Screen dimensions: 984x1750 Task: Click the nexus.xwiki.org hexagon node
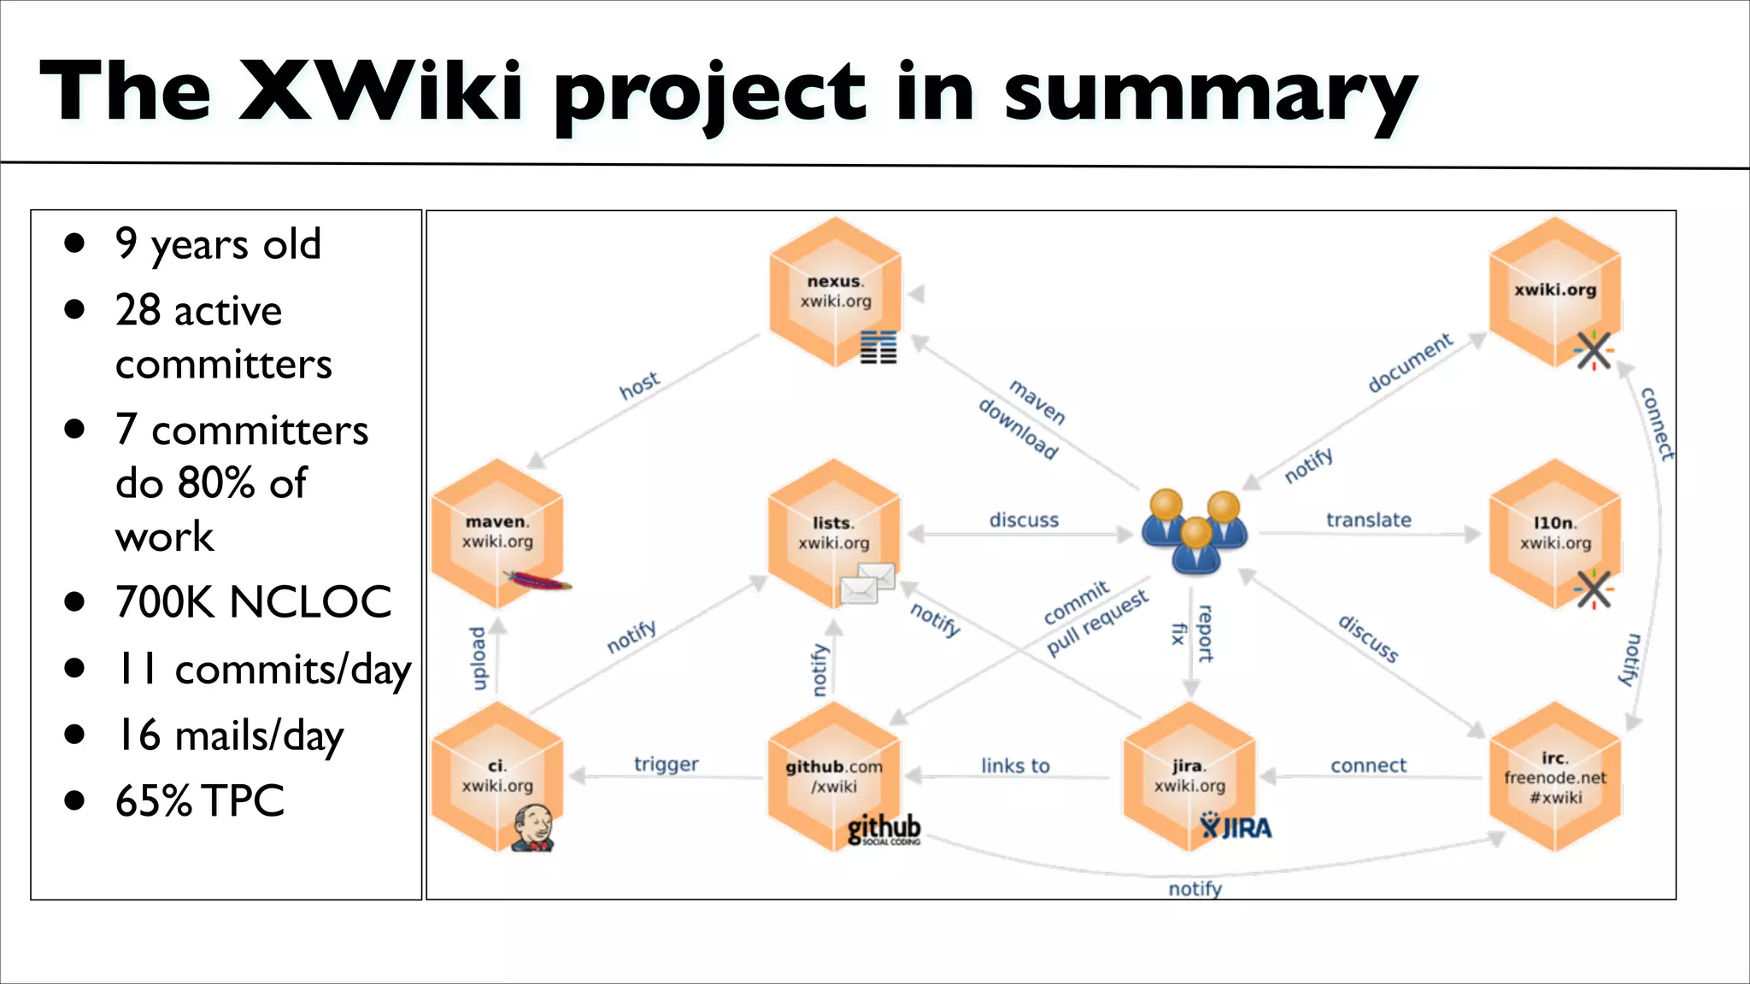coord(835,291)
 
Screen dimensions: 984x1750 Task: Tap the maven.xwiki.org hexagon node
coord(497,532)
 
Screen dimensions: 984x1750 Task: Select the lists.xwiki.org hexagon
coord(833,533)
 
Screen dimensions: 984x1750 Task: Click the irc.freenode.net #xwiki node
coord(1554,777)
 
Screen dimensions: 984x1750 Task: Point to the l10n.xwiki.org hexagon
coord(1554,533)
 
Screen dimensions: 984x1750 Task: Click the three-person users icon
coord(1195,531)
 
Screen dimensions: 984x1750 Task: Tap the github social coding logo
coord(884,829)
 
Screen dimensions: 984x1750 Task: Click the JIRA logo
coord(1236,827)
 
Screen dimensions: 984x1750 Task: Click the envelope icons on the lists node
coord(867,583)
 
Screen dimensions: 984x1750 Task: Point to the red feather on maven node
coord(538,583)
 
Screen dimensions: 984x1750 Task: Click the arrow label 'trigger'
coord(666,764)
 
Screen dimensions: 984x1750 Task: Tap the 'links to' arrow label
coord(1014,766)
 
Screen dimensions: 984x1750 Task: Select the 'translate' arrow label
coord(1368,520)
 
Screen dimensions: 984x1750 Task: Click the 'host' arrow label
coord(639,385)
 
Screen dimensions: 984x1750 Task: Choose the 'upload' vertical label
coord(479,658)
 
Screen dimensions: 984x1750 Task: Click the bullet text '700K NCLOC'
coord(253,602)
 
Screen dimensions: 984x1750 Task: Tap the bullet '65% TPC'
coord(199,801)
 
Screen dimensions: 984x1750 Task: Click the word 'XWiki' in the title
coord(380,91)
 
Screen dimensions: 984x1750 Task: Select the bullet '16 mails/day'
coord(229,735)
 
